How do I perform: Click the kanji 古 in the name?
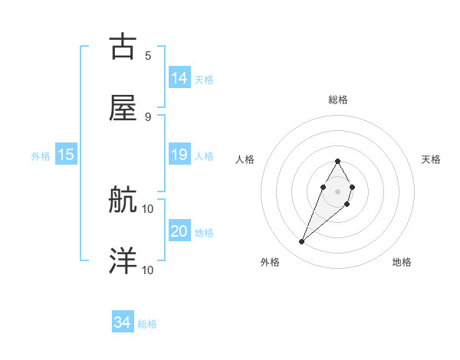point(123,47)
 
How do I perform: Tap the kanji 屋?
point(123,109)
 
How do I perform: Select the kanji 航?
point(123,200)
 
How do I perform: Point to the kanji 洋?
point(123,261)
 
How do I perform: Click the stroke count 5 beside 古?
point(148,55)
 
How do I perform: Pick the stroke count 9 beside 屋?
point(148,116)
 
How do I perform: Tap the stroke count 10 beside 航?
point(148,208)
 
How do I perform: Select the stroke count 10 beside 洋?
point(148,269)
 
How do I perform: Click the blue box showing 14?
point(179,78)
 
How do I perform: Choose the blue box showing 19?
point(179,155)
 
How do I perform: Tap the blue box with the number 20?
point(179,231)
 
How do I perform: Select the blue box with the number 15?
point(66,155)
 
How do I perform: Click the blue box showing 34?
point(123,323)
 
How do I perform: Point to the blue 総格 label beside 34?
point(147,324)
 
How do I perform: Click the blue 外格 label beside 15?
point(41,155)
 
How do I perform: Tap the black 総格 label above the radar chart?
point(338,100)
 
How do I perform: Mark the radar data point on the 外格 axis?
point(302,242)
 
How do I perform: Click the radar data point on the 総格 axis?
point(337,161)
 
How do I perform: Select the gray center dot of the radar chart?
point(337,190)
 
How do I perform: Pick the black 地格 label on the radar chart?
point(402,263)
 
